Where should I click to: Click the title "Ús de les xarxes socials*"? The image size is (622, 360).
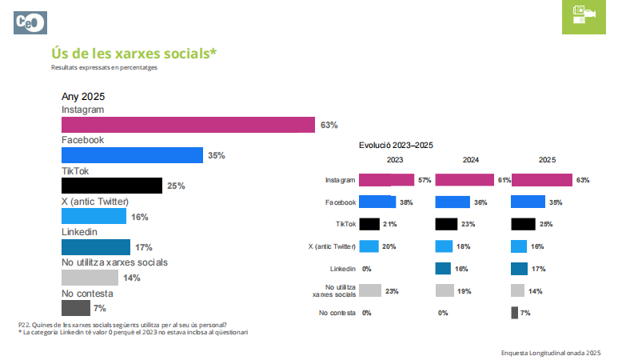point(134,53)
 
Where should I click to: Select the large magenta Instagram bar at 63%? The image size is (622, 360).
point(188,125)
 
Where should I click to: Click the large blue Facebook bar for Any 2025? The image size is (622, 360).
point(132,155)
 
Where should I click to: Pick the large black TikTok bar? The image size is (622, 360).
point(112,186)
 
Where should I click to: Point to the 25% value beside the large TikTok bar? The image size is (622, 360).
point(176,186)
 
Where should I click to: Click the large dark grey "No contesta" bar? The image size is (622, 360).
point(75,308)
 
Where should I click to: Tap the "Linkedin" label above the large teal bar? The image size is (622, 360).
point(79,231)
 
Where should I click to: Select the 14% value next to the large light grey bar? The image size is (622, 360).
point(132,278)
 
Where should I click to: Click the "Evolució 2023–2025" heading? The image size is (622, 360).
point(396,145)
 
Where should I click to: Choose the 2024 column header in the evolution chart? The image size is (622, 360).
point(471,160)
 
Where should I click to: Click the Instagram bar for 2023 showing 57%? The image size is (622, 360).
point(387,180)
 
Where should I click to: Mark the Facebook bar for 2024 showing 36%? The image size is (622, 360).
point(453,202)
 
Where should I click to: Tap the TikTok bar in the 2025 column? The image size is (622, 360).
point(523,224)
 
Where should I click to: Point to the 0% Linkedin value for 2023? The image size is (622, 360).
point(368,269)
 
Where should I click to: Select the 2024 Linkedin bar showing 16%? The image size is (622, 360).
point(443,269)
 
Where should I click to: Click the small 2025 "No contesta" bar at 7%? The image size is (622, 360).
point(514,313)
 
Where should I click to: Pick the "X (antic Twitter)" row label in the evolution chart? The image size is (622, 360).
point(332,246)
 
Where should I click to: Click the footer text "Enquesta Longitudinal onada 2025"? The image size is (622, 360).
point(550,352)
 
